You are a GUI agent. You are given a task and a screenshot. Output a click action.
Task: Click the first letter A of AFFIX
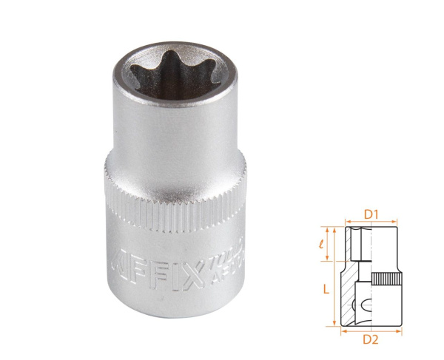pos(118,262)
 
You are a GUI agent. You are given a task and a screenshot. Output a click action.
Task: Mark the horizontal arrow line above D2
pos(372,330)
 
